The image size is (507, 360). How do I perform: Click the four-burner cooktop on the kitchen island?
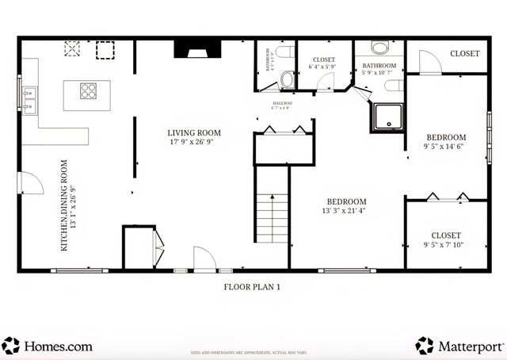(89, 90)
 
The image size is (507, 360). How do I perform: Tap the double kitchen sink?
(29, 101)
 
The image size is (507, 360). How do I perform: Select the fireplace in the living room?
(193, 51)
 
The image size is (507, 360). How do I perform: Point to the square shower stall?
(387, 116)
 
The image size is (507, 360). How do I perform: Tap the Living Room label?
(193, 137)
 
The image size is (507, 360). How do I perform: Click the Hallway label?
(282, 105)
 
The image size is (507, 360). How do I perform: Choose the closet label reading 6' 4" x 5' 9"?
(323, 63)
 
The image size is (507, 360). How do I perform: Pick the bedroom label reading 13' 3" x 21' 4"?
(347, 205)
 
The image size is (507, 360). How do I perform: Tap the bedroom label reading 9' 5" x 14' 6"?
(445, 141)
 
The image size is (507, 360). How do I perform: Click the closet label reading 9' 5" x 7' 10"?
(446, 239)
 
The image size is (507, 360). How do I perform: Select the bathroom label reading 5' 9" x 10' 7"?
(379, 68)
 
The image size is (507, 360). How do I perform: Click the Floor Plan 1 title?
(253, 288)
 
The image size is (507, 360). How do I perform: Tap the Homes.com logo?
(48, 346)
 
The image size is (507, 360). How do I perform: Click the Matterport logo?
(459, 346)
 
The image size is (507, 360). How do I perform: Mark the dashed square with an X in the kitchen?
(73, 50)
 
